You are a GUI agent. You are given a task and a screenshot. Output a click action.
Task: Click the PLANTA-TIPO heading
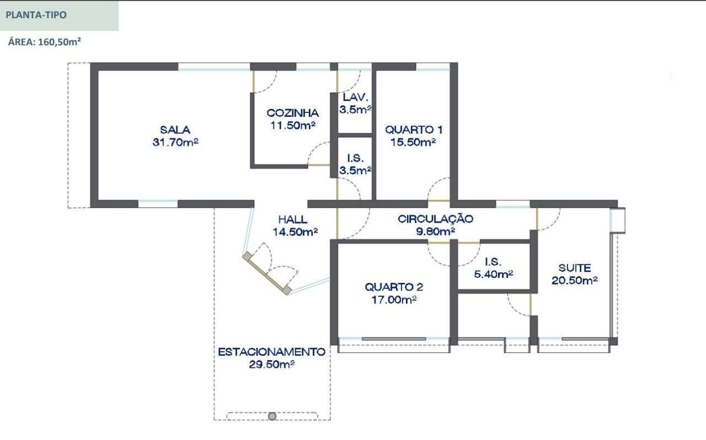point(36,15)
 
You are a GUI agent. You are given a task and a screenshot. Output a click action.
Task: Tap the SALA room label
point(175,130)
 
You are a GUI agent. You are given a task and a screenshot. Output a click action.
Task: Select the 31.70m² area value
point(175,142)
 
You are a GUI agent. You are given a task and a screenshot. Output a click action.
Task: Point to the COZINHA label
point(292,113)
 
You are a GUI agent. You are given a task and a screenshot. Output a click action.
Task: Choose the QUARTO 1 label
point(413,130)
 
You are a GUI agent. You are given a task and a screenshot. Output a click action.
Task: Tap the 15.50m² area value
point(413,142)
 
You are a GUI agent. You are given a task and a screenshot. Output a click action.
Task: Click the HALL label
point(293,219)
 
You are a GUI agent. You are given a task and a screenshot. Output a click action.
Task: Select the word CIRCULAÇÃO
point(435,219)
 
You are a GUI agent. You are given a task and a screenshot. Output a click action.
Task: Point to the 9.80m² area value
point(435,232)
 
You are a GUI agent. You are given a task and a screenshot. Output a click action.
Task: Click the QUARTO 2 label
point(394,287)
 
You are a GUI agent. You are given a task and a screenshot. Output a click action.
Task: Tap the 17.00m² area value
point(394,299)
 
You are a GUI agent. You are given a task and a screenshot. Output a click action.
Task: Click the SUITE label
point(575,268)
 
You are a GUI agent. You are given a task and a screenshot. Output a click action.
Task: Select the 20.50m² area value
point(575,281)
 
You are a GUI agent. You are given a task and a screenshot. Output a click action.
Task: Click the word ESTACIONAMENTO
point(271,352)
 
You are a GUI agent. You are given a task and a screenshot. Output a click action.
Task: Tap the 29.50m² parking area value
point(271,364)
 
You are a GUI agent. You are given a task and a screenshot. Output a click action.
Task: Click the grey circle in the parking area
point(272,416)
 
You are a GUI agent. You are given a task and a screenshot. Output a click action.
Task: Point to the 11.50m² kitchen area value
point(292,125)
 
